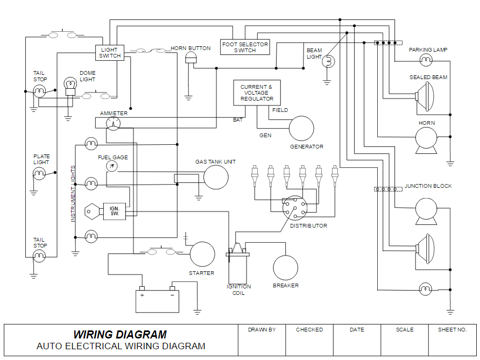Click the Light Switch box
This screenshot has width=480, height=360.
tap(110, 53)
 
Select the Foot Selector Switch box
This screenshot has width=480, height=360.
tap(245, 47)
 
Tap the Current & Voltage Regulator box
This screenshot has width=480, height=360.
tap(257, 93)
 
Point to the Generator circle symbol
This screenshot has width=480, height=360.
tap(301, 128)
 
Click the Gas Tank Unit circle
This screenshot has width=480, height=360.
tap(215, 177)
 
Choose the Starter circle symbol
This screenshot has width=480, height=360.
tap(202, 255)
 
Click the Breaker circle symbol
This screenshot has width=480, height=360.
tap(285, 267)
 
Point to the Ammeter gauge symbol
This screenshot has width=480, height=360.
tap(114, 124)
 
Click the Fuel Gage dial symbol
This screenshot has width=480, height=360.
tap(112, 166)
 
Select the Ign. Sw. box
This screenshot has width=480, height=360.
tap(114, 211)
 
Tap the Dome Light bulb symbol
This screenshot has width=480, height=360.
tap(70, 84)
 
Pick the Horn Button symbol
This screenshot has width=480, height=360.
tap(191, 58)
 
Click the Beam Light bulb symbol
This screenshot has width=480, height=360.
tap(328, 62)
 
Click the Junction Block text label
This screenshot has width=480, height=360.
tap(428, 186)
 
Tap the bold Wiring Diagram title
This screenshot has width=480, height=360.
tap(120, 335)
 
